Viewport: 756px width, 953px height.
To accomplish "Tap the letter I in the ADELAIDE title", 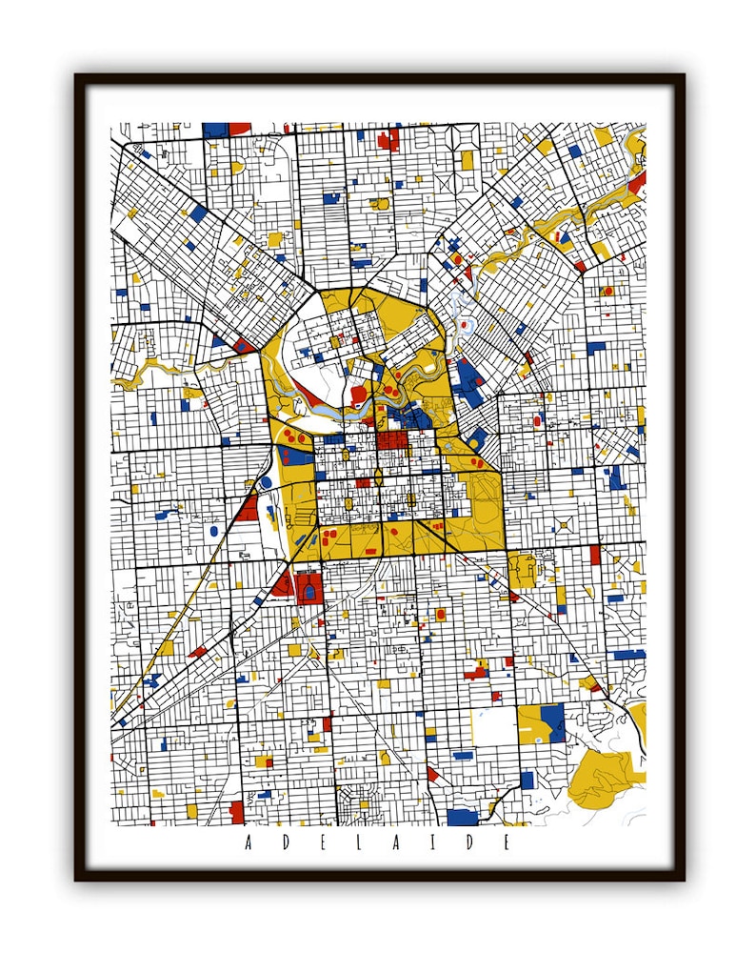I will click(441, 842).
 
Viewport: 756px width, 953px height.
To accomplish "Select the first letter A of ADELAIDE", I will click(249, 842).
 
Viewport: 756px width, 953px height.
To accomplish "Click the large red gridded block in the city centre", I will click(391, 441).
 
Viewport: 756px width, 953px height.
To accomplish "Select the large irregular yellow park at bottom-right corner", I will click(609, 772).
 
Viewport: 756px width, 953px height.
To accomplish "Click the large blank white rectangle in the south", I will click(493, 727).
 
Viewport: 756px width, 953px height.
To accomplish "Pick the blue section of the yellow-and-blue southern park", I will click(552, 721).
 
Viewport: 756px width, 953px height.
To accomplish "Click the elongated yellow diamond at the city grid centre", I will click(378, 476).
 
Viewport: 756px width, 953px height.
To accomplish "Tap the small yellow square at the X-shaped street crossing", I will click(565, 524).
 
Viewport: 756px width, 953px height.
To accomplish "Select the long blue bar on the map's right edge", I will click(629, 655).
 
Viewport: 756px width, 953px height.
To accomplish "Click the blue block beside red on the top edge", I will click(215, 128).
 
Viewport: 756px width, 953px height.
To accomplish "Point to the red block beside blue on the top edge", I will click(239, 128).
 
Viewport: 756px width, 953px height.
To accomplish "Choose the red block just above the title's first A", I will click(236, 812).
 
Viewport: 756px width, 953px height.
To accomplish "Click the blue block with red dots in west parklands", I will click(296, 456).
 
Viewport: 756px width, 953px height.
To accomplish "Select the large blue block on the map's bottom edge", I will click(462, 818).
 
